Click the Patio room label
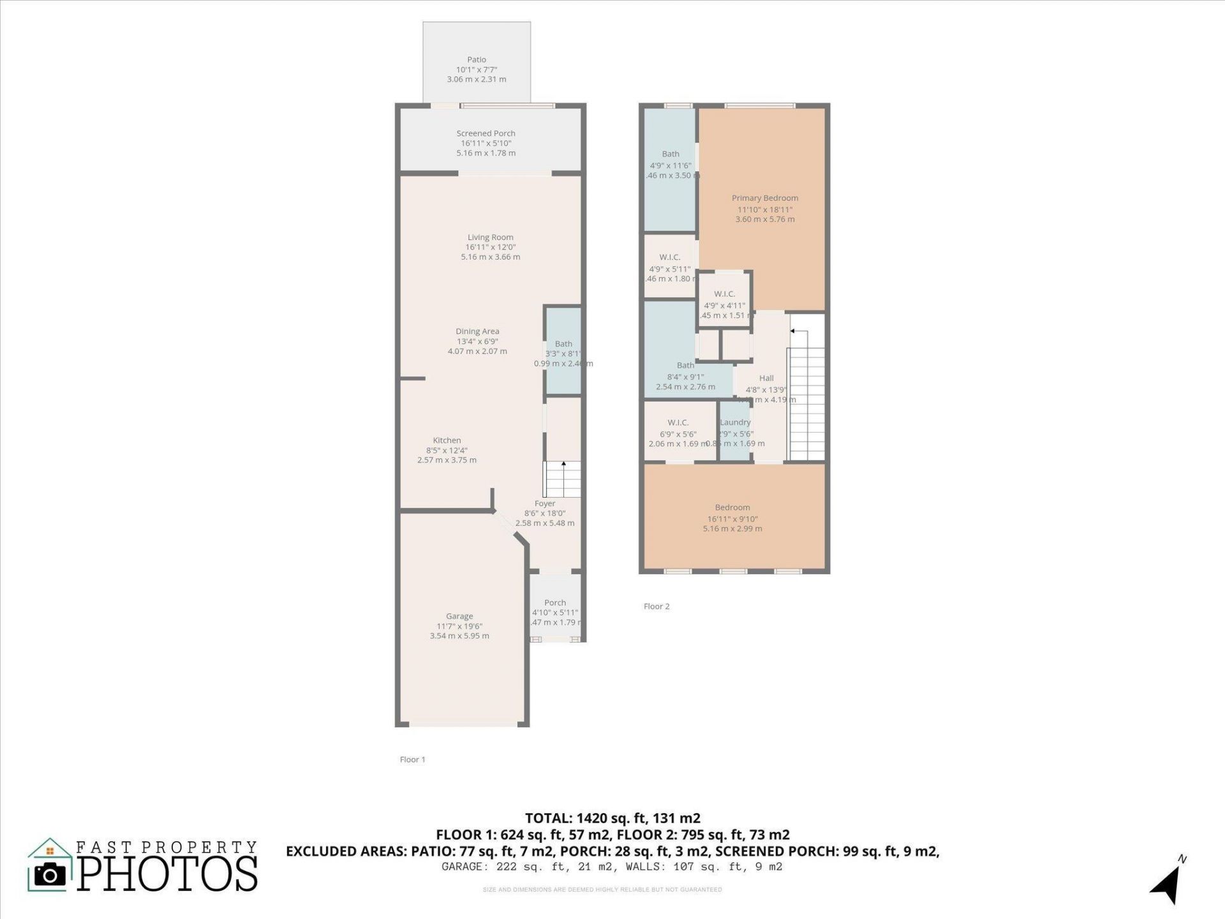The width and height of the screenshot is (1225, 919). tap(477, 59)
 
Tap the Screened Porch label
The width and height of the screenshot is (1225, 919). tap(486, 133)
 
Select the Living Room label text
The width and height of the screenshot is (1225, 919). tap(490, 237)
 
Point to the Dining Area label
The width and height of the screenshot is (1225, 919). tap(477, 331)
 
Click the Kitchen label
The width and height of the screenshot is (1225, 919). tap(447, 440)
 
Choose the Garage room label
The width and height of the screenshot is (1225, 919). tap(459, 616)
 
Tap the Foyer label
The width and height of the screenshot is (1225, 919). tap(545, 504)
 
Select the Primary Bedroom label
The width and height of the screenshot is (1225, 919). tap(764, 198)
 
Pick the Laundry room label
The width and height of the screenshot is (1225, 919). tap(735, 422)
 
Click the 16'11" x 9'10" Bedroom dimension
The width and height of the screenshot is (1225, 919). tap(732, 519)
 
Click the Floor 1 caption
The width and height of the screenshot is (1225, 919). tap(412, 759)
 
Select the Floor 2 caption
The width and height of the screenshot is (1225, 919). tap(657, 606)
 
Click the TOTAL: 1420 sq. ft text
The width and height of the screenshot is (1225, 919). tap(612, 818)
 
